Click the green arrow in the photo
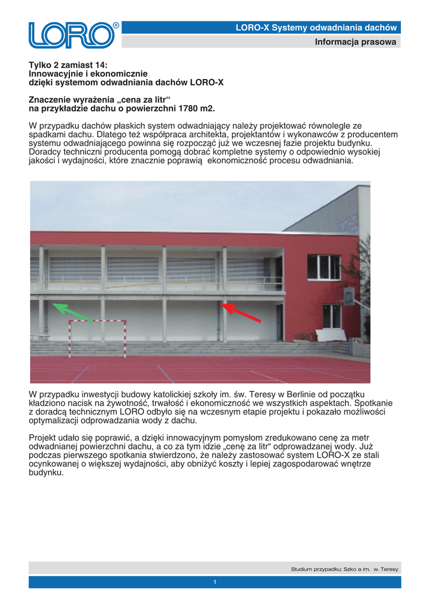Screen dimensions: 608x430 click(x=72, y=312)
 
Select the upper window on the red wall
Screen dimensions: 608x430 click(x=324, y=267)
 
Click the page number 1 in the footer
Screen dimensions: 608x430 click(x=215, y=582)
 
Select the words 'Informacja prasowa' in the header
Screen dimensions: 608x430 click(x=355, y=42)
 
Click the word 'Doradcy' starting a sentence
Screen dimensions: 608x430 click(x=46, y=152)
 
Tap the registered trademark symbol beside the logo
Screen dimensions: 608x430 click(x=116, y=26)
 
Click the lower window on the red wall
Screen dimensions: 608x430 click(x=332, y=316)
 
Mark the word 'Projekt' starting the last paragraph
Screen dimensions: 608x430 click(x=43, y=438)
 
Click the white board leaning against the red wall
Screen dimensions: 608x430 click(x=330, y=335)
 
